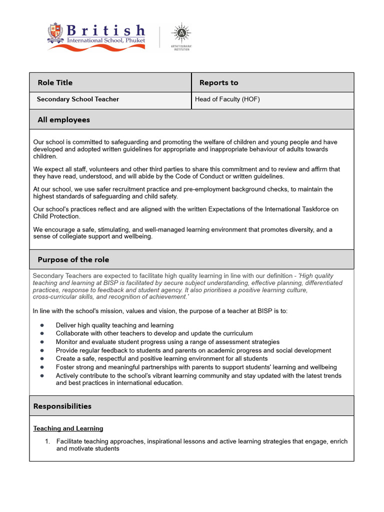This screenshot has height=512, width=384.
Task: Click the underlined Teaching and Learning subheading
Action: (68, 428)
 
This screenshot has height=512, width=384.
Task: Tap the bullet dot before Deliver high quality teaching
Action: (42, 325)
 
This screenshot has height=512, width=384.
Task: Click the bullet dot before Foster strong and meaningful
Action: (42, 367)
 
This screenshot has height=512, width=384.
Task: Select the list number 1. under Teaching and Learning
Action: (47, 441)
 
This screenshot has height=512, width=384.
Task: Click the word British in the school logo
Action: (105, 30)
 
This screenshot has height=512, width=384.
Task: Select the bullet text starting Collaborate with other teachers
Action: (154, 333)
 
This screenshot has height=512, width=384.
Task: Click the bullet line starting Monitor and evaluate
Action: (167, 342)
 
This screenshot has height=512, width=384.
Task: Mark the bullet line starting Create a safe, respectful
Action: (161, 358)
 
